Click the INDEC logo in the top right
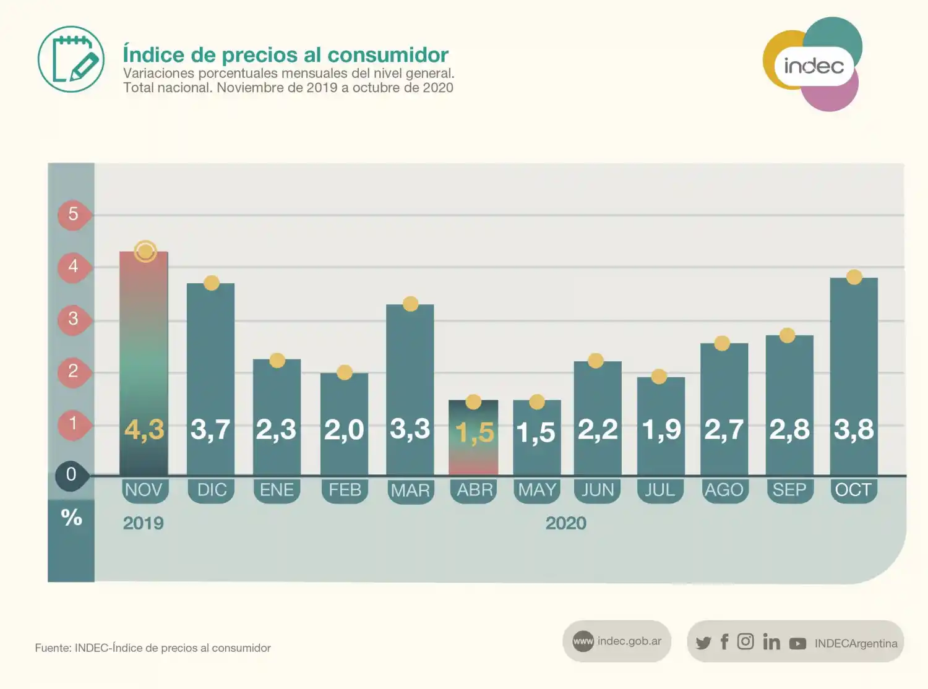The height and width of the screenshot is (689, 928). click(812, 64)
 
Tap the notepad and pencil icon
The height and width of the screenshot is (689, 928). click(71, 59)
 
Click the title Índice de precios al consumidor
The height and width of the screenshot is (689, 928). click(285, 54)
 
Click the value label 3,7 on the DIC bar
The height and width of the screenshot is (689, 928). click(210, 429)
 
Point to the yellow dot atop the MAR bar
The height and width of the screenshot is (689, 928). click(410, 304)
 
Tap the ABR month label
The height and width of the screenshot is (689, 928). click(475, 490)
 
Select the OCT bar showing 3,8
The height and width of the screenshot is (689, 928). click(853, 376)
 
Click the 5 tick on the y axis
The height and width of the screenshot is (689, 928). click(73, 215)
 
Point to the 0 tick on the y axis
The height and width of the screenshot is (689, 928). click(71, 475)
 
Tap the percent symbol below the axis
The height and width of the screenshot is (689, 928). click(71, 517)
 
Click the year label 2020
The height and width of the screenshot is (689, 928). click(565, 523)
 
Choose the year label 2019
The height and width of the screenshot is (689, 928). click(143, 523)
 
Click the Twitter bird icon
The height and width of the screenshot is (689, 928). click(703, 643)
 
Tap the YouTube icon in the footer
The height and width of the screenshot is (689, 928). click(797, 644)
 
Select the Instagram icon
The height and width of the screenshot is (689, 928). click(745, 642)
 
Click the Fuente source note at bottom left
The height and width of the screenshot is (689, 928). click(153, 648)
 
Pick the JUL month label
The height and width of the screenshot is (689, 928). click(659, 490)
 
